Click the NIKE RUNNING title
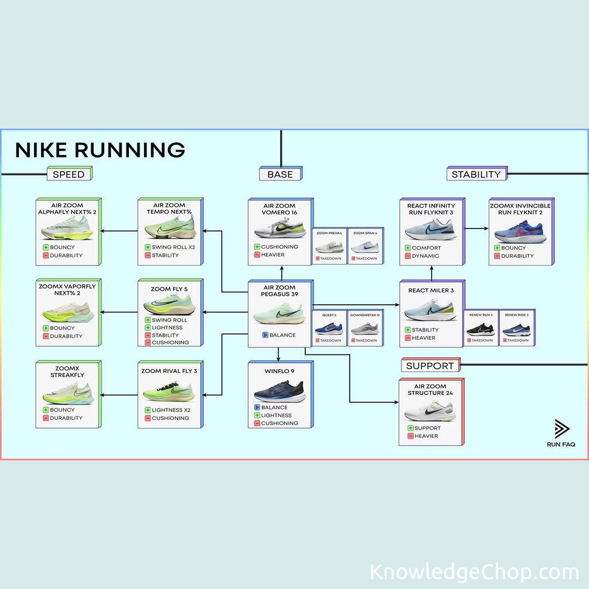click(100, 150)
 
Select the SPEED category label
click(69, 175)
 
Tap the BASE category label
click(280, 175)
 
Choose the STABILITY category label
click(476, 175)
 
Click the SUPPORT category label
click(430, 366)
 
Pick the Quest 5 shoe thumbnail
click(329, 328)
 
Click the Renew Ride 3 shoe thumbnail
click(516, 329)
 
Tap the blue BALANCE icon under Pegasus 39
click(265, 335)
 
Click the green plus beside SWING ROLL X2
click(148, 247)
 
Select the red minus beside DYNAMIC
click(407, 256)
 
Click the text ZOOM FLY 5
click(169, 289)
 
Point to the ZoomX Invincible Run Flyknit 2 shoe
click(520, 232)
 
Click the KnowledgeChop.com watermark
click(474, 572)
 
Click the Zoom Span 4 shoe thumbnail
click(365, 247)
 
